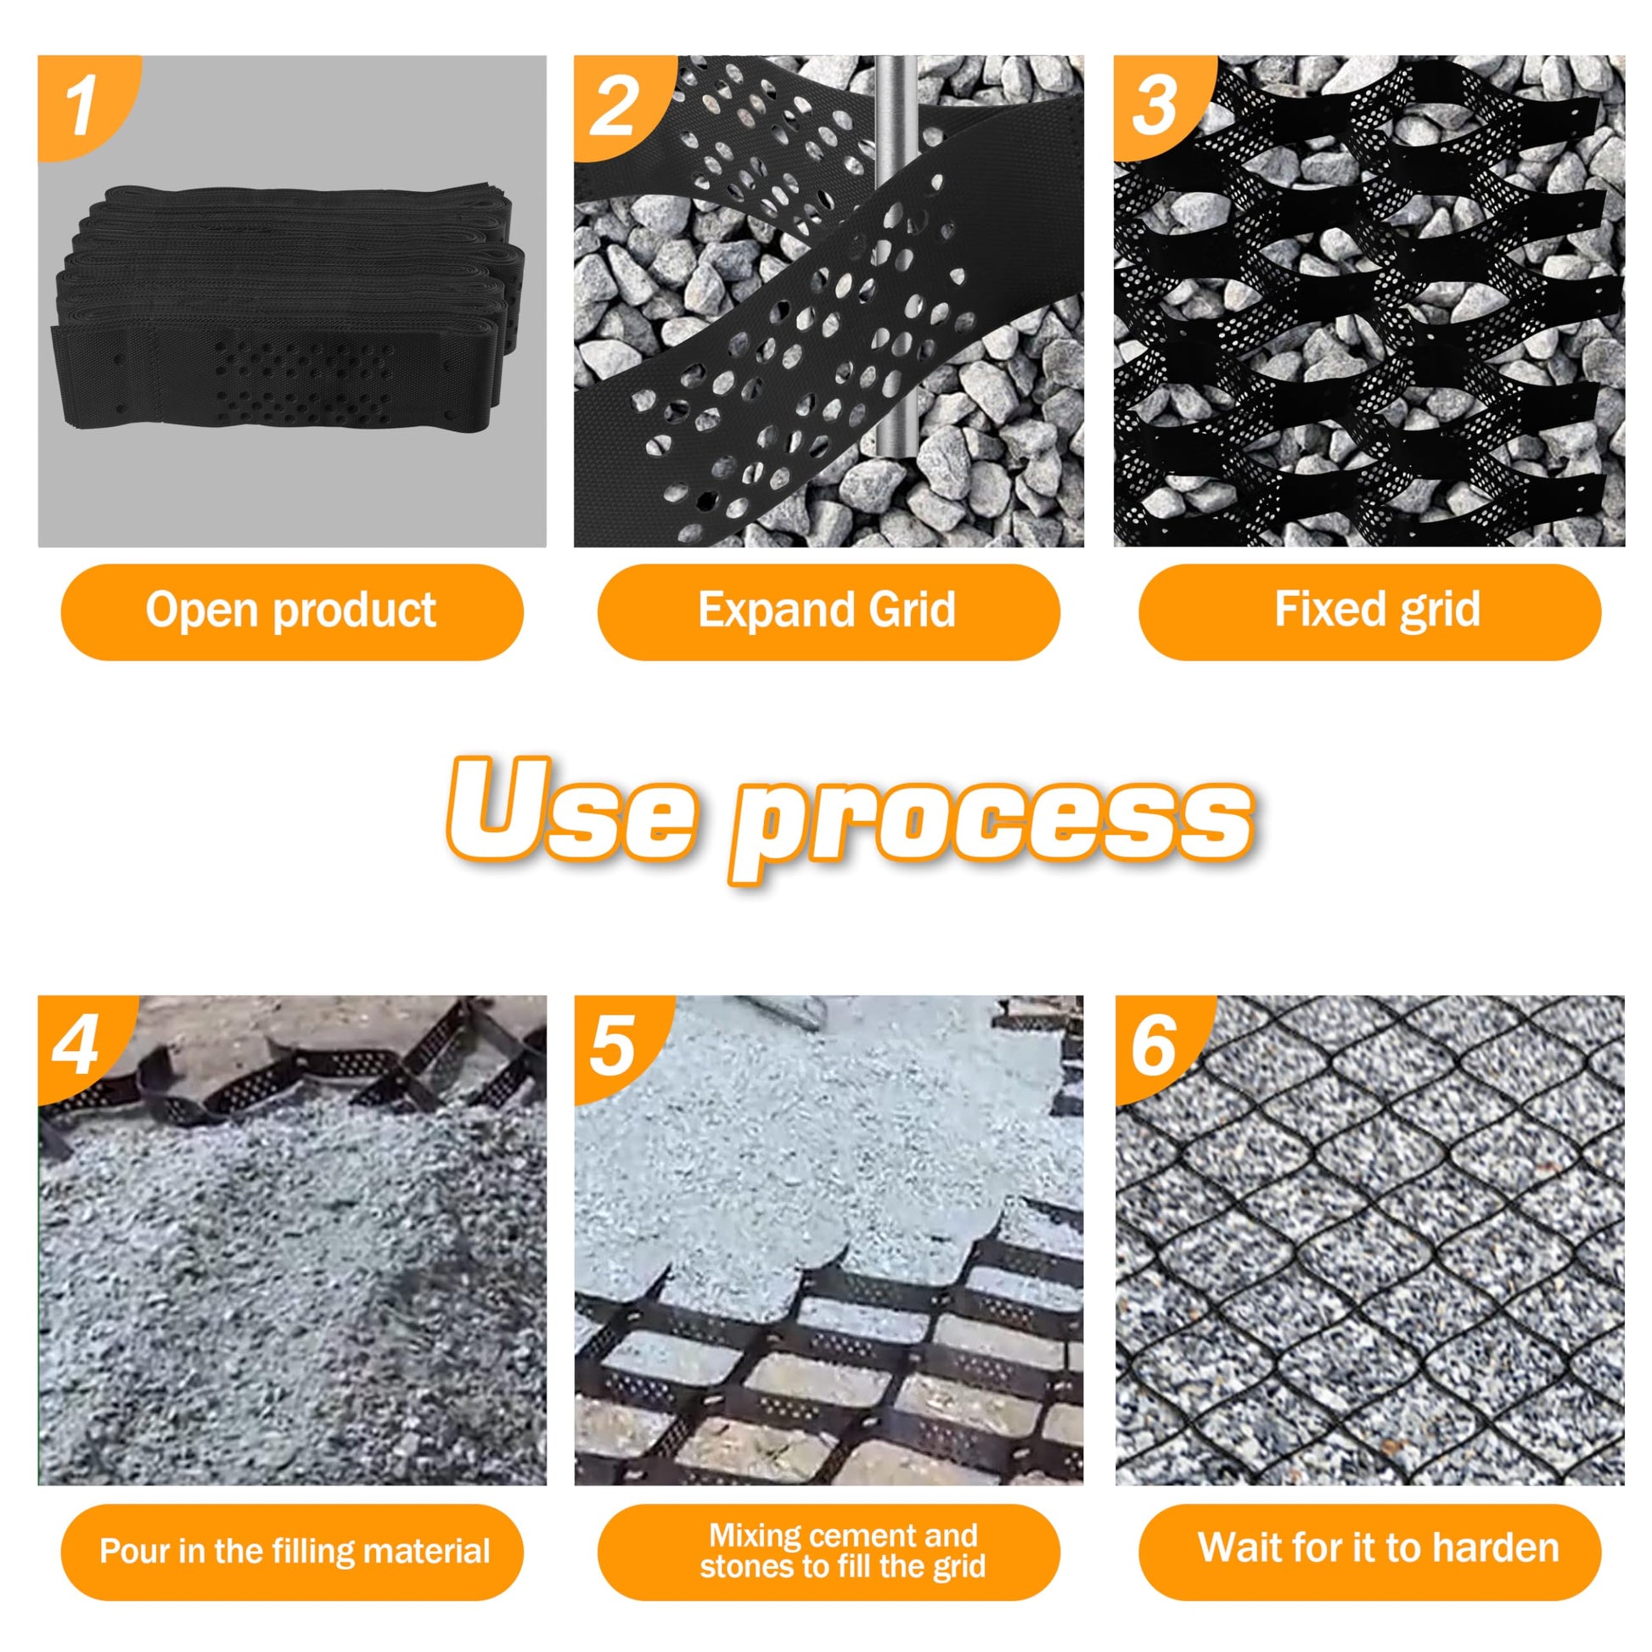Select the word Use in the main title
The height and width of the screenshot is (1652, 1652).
(571, 808)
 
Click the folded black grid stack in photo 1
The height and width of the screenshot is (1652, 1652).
(286, 312)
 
